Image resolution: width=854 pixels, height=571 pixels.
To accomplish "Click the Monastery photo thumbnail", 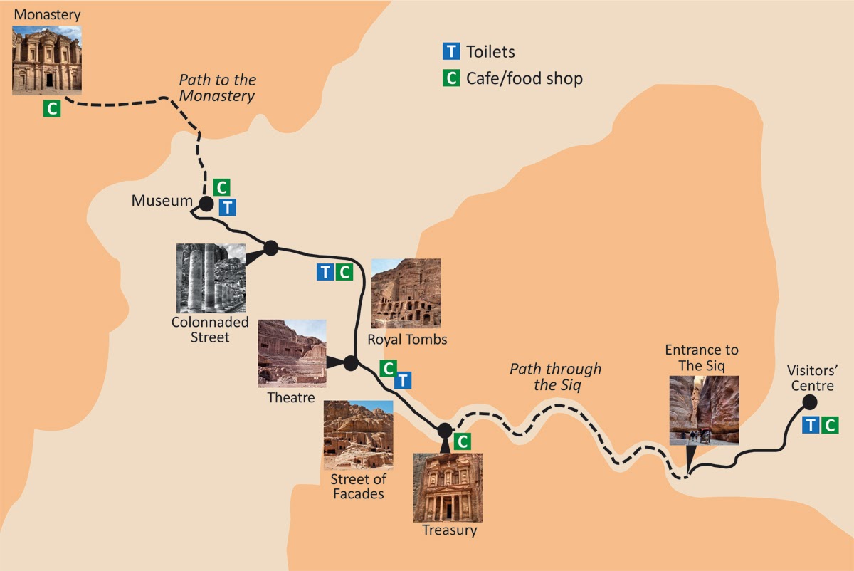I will (47, 61).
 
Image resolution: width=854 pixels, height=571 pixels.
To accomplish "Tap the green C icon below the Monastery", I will (51, 109).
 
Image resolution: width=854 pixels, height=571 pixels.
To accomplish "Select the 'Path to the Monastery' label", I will (217, 88).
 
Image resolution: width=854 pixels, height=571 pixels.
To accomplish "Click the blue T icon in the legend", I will (450, 51).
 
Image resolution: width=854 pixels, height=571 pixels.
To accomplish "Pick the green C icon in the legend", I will (450, 78).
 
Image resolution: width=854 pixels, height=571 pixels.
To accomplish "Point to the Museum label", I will (162, 201).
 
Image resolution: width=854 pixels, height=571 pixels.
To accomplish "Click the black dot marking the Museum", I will (206, 204).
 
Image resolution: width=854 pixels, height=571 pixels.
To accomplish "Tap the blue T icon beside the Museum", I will (227, 207).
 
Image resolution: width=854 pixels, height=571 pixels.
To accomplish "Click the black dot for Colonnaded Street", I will (270, 248).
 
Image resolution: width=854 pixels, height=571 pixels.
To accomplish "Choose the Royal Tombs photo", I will (406, 293).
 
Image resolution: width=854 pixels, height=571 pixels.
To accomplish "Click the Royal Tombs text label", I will (407, 339).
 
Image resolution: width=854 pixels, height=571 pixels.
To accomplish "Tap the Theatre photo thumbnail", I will (292, 353).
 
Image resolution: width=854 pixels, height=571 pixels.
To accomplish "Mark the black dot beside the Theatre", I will (350, 362).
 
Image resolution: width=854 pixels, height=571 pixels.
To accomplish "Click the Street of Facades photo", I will (358, 434).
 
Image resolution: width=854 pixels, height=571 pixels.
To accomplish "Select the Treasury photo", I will (448, 487).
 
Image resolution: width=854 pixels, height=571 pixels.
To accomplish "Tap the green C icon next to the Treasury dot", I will (462, 441).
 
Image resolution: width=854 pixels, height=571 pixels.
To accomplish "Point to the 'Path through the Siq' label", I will (555, 377).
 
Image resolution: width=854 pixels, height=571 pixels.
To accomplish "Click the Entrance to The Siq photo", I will (704, 409).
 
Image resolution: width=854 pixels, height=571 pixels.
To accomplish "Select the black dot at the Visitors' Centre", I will (810, 402).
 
